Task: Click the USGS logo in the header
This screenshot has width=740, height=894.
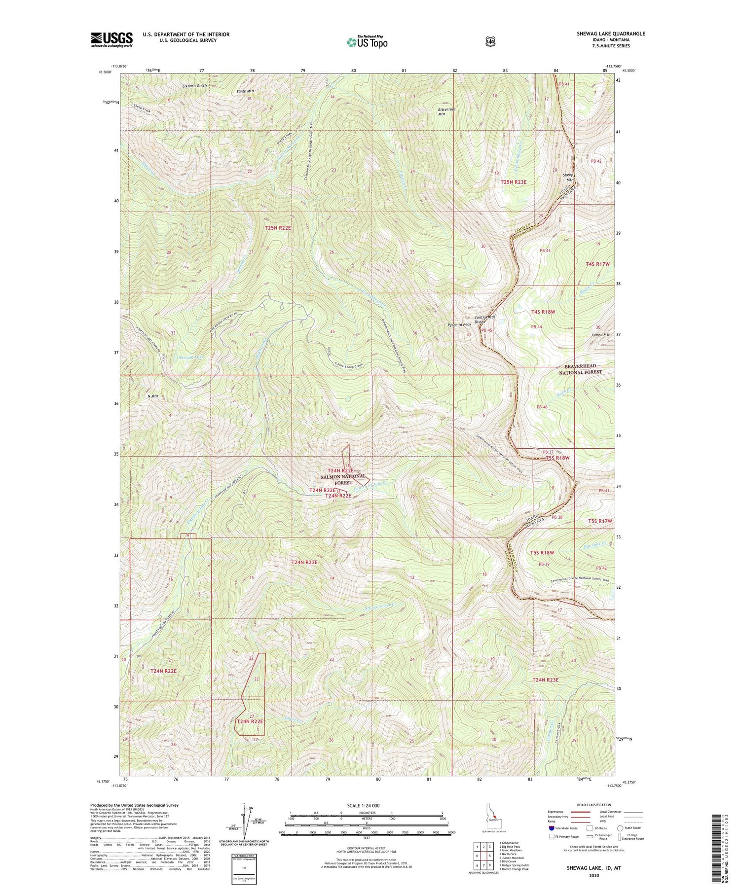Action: pos(111,39)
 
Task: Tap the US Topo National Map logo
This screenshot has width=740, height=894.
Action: pos(367,42)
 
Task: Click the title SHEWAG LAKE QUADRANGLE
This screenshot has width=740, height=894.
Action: pos(611,34)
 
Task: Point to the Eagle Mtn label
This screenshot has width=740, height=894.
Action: pos(245,91)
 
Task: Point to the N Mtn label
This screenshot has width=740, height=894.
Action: pos(152,396)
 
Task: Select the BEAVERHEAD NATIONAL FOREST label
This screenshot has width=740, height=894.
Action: pos(580,370)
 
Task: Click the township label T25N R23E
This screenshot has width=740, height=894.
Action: pos(514,182)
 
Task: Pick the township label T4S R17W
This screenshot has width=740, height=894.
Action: pos(598,264)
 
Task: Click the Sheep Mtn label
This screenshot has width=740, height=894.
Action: pos(568,178)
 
